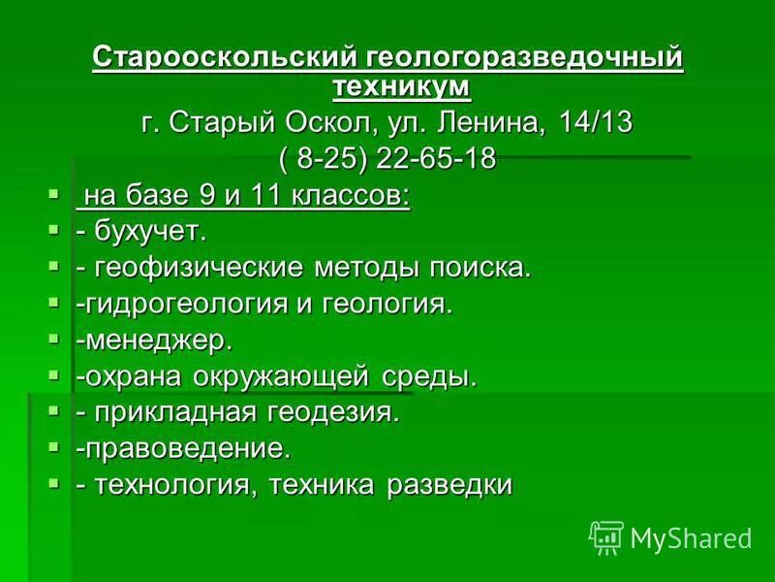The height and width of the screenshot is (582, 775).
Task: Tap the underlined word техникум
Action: coord(401,86)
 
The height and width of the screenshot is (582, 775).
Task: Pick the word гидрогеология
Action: coord(183,304)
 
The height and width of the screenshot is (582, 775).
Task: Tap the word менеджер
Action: coord(159,339)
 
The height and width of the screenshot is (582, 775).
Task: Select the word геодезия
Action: coord(339,412)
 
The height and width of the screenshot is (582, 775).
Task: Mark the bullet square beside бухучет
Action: coord(53,229)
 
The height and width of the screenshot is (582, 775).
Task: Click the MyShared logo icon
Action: coord(605,537)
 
